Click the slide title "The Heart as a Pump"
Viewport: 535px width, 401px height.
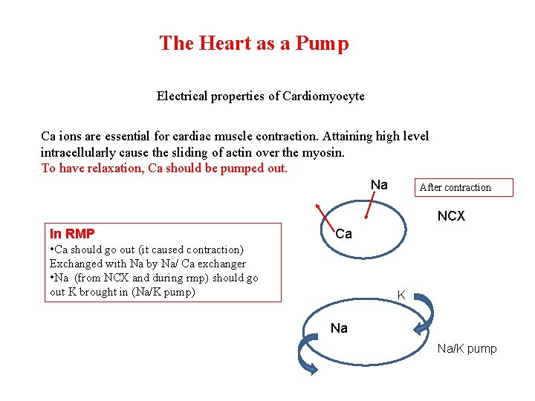tap(253, 44)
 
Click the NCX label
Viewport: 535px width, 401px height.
tap(451, 216)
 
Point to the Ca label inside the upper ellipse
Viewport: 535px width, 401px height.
tap(343, 234)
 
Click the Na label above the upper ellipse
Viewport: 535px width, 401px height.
tap(379, 184)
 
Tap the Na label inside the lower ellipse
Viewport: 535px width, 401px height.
tap(339, 327)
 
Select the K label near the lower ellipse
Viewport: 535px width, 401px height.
tap(401, 295)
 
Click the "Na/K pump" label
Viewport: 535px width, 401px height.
tap(467, 348)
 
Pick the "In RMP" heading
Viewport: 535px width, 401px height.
tap(71, 233)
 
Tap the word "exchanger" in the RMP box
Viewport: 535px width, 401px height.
tap(219, 264)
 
